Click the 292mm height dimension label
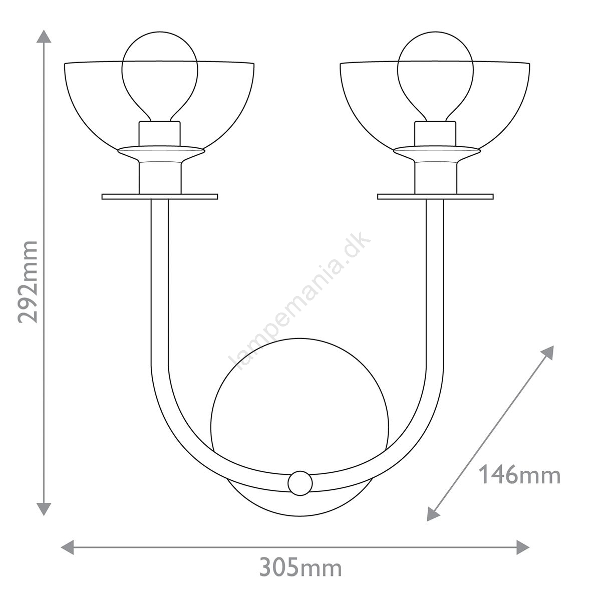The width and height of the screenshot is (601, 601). [28, 282]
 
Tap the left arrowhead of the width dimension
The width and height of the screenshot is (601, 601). [68, 547]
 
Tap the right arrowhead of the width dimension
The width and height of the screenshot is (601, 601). [523, 547]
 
